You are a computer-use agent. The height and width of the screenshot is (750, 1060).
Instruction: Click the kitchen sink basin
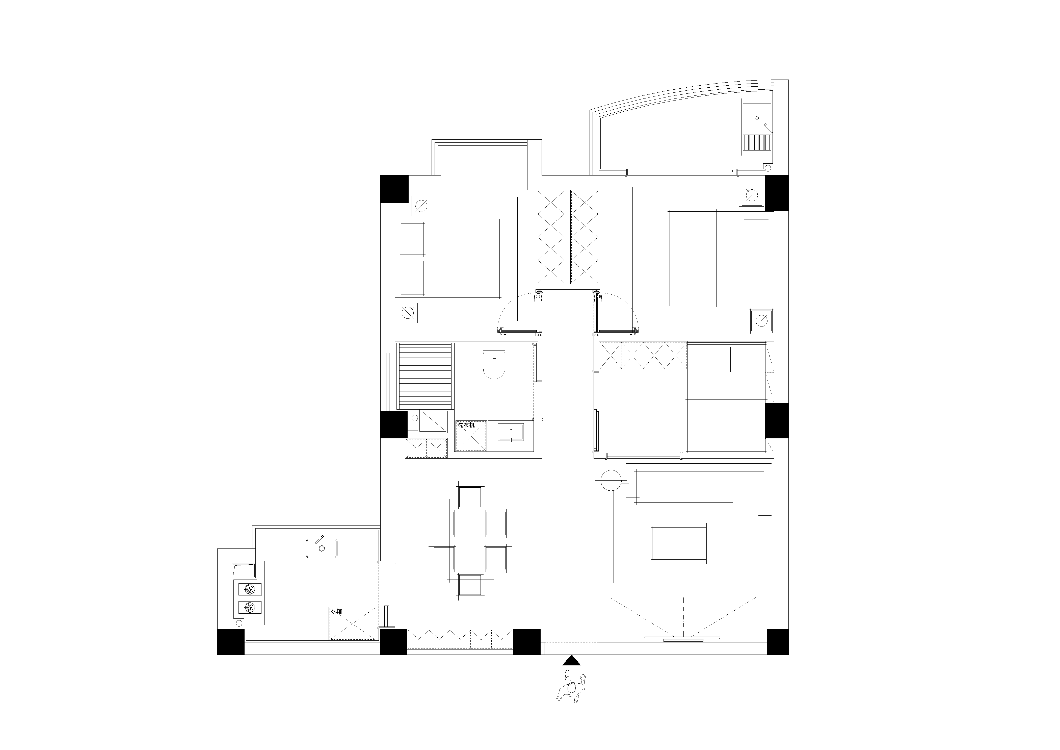pyautogui.click(x=321, y=548)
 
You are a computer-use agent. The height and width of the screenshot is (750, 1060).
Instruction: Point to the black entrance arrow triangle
pyautogui.click(x=572, y=660)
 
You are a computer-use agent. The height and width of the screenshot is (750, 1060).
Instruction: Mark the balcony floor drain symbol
pyautogui.click(x=757, y=118)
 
